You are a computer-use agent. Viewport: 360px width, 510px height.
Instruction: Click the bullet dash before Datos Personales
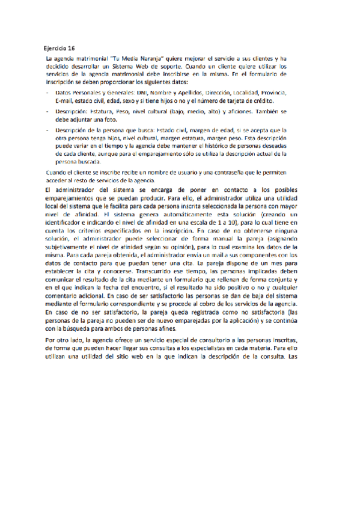coord(47,94)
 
